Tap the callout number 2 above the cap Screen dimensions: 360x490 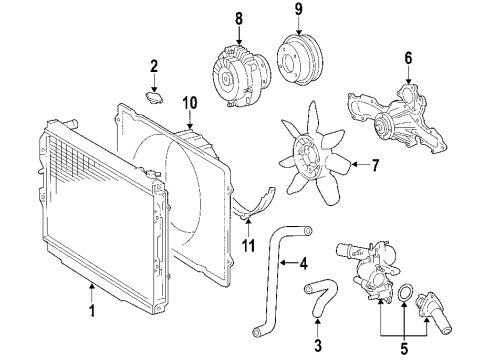154,67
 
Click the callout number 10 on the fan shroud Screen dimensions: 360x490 189,103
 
